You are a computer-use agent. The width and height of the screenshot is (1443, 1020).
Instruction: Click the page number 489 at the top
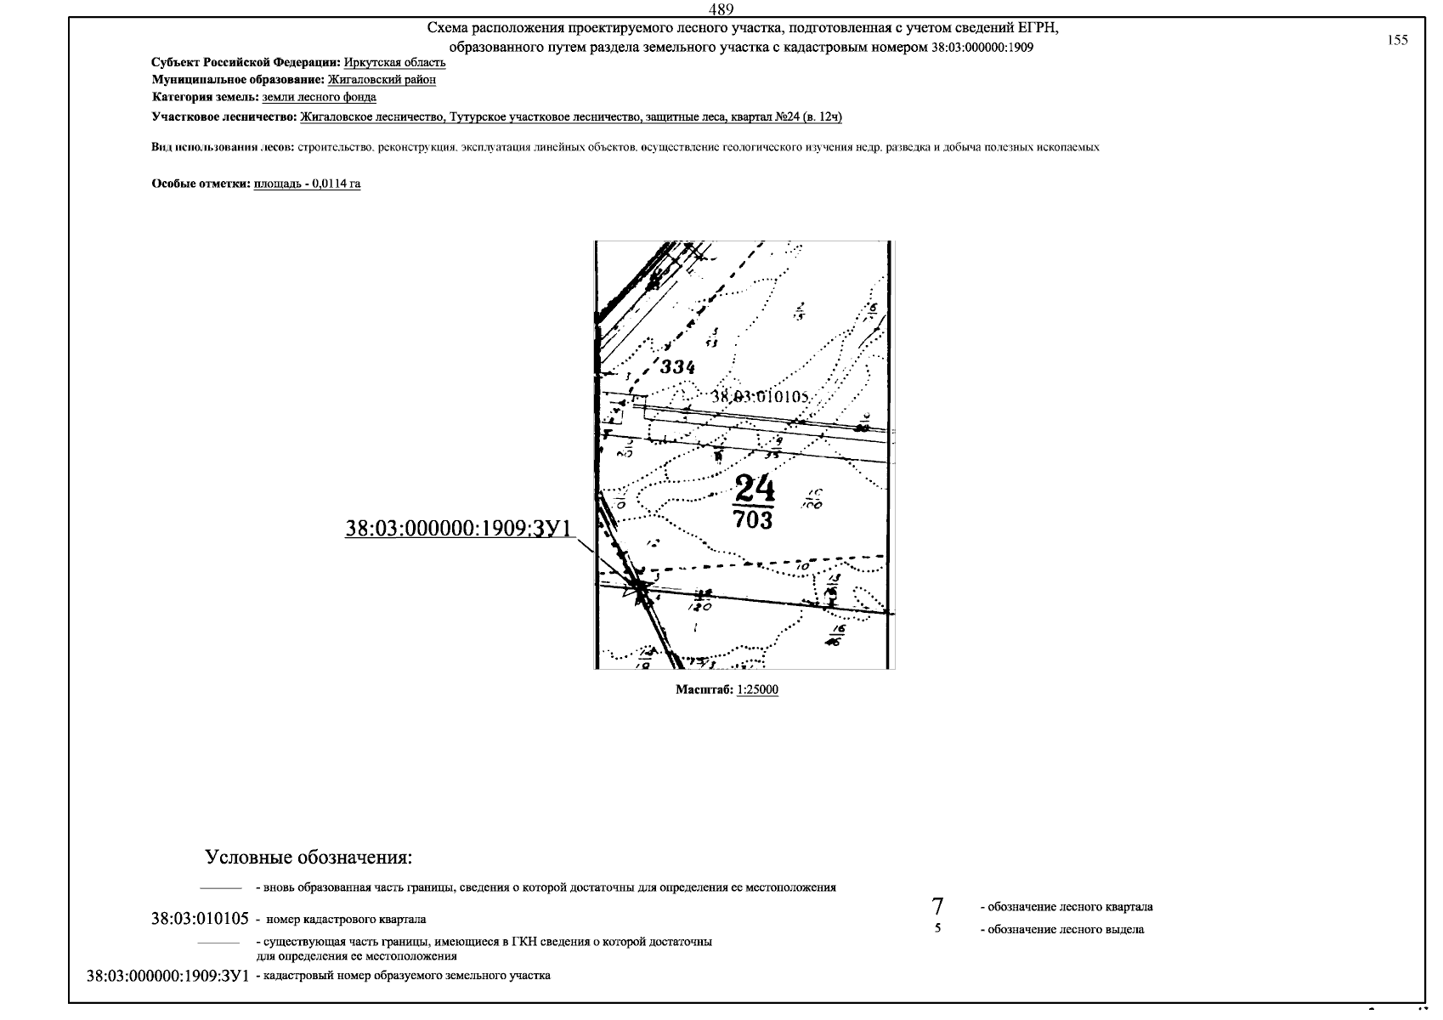(721, 9)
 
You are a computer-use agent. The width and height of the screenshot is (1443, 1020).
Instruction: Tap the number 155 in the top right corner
(1397, 40)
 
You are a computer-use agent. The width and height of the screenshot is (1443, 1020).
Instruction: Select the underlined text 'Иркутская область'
(394, 63)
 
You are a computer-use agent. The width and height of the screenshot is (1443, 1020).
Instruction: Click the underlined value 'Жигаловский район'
(382, 80)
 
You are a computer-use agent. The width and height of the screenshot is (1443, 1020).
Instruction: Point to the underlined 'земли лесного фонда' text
(319, 98)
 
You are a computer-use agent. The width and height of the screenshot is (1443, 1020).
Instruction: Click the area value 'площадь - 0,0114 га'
(307, 184)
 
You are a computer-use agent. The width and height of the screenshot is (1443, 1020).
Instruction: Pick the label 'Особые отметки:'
(201, 184)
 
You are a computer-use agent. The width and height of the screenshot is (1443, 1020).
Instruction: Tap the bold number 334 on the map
(677, 367)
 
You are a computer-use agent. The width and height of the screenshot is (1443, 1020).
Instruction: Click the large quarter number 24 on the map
(755, 489)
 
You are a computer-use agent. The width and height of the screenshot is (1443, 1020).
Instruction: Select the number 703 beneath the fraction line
(753, 519)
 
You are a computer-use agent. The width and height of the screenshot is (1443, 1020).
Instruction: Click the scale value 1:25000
(758, 690)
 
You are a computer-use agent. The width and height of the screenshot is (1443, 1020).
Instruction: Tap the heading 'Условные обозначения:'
(308, 857)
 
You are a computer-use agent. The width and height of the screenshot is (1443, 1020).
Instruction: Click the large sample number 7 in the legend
(937, 906)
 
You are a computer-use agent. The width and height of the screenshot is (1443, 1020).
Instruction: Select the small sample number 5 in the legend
(937, 929)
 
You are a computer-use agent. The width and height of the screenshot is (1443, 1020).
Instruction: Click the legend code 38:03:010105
(200, 919)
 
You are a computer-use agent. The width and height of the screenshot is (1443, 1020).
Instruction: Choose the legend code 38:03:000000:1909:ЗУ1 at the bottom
(168, 976)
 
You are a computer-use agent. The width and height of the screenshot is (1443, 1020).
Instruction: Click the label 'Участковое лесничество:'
(224, 116)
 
